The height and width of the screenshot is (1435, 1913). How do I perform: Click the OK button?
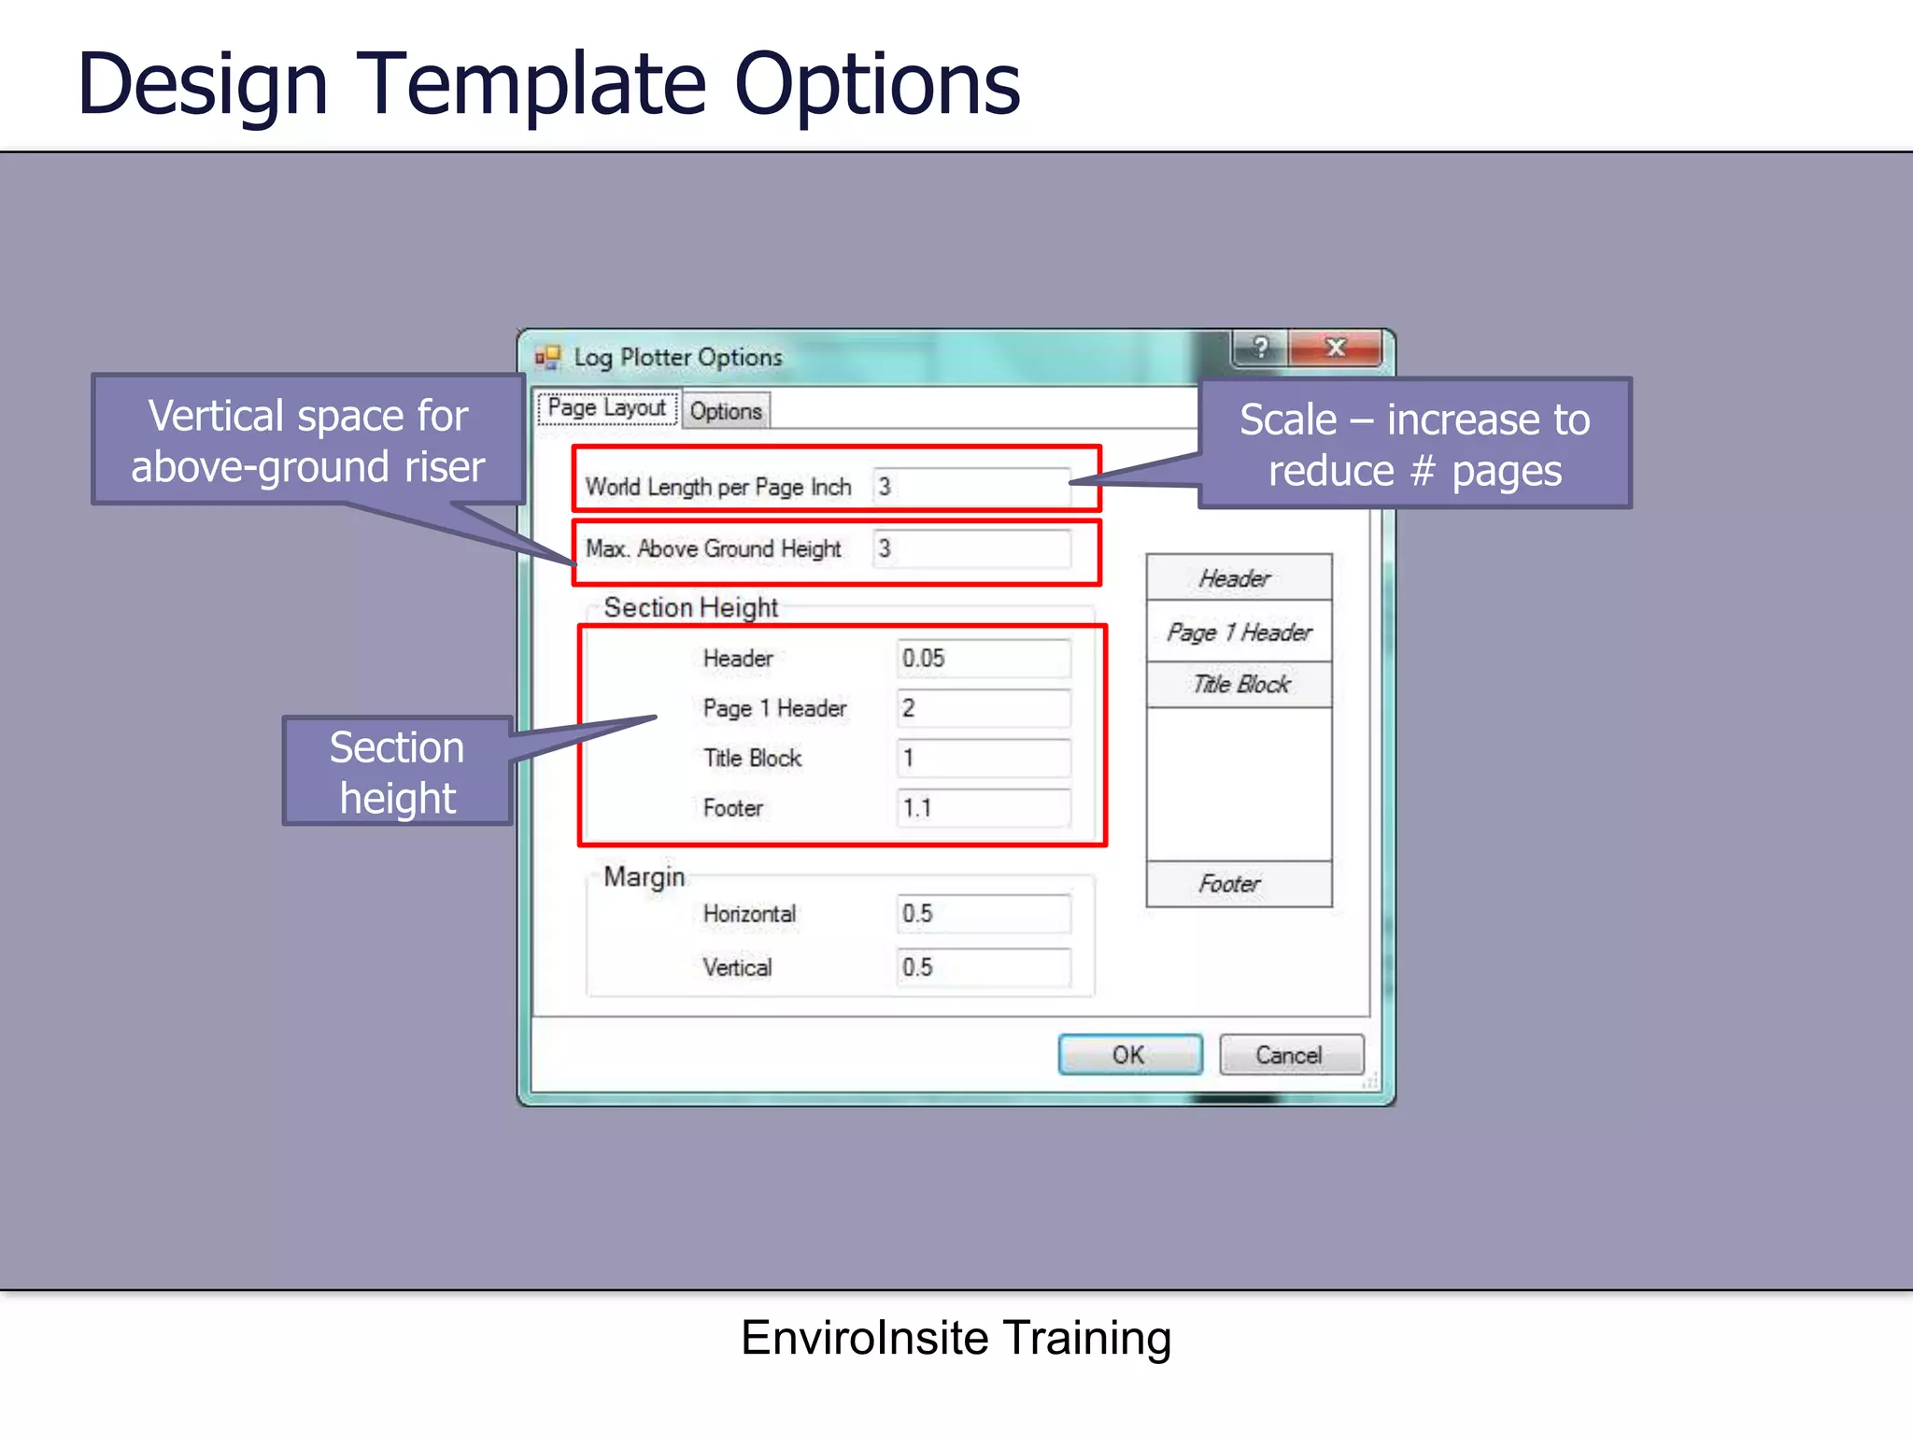1129,1055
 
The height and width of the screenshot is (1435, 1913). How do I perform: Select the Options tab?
726,411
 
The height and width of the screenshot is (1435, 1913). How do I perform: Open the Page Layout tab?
607,408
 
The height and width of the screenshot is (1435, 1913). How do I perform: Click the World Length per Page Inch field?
971,487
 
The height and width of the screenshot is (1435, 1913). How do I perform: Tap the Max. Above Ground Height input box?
971,548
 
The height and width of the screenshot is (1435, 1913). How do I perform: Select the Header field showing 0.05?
983,659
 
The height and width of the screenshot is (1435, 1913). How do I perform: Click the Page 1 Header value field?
983,708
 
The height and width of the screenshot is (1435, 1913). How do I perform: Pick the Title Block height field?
983,758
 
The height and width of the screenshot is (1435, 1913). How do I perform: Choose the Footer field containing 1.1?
983,808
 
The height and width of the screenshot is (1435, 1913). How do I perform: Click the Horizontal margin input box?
983,914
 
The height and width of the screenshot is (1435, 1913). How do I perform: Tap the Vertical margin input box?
983,967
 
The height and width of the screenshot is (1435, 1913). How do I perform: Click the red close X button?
1335,348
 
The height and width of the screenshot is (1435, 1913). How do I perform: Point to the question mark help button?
1260,348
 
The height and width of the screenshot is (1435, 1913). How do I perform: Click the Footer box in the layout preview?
1239,884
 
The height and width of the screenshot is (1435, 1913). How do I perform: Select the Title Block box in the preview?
1239,685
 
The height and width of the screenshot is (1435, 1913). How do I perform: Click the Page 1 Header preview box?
1239,632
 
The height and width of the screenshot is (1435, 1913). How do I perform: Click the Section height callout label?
398,772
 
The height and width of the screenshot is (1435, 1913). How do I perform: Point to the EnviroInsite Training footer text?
956,1338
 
